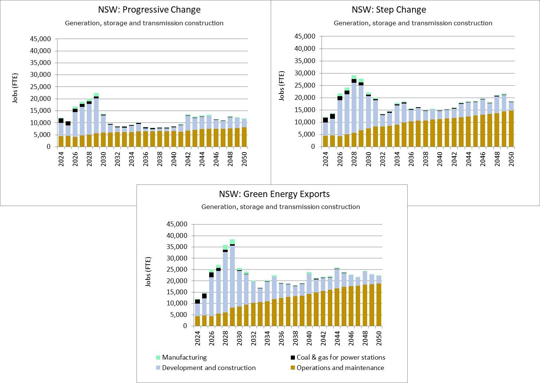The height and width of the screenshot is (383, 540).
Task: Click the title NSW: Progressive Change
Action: [x=149, y=10]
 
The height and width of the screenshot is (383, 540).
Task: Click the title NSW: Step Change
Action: [x=389, y=10]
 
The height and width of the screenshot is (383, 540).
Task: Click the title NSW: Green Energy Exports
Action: [x=274, y=194]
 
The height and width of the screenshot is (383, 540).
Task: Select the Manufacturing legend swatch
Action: [x=158, y=358]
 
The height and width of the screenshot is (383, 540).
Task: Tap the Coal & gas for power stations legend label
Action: [x=340, y=357]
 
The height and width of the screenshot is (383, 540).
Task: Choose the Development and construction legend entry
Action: [x=208, y=368]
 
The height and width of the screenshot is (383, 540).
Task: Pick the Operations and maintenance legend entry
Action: [x=340, y=368]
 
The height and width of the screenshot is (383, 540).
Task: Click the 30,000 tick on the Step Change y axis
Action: [x=304, y=73]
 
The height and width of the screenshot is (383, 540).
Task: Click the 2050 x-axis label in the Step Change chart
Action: [x=511, y=159]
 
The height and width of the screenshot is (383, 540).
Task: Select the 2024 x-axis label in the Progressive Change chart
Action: [x=61, y=159]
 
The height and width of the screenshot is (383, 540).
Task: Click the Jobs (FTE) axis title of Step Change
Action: [x=282, y=86]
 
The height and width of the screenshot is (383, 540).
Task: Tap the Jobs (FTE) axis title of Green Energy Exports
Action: [x=148, y=272]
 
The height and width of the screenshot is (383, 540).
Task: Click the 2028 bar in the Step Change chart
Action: [x=354, y=111]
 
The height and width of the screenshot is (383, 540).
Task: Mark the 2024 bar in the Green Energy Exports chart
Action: [x=198, y=312]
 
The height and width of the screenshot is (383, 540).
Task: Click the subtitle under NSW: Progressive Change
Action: [x=144, y=23]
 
